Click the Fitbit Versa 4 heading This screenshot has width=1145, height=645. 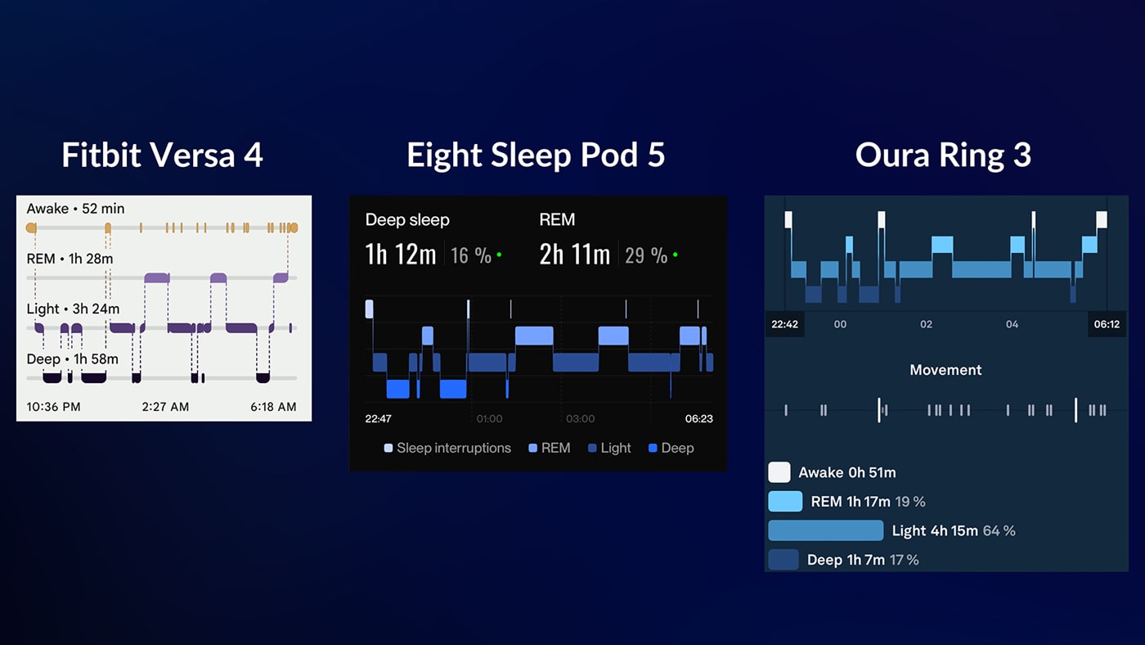pyautogui.click(x=162, y=155)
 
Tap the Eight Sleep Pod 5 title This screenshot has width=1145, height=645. pyautogui.click(x=536, y=155)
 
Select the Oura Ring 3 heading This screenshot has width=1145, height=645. pyautogui.click(x=943, y=155)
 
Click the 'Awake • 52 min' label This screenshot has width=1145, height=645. pyautogui.click(x=75, y=209)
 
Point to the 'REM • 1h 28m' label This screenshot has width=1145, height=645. pyautogui.click(x=70, y=259)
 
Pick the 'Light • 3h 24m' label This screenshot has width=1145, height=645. pyautogui.click(x=73, y=309)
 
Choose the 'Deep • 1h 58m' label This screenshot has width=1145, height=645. pyautogui.click(x=72, y=359)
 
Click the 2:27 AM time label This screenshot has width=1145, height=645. pyautogui.click(x=165, y=407)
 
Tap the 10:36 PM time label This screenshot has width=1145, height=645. pyautogui.click(x=53, y=407)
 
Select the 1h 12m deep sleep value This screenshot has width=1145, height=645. pyautogui.click(x=401, y=255)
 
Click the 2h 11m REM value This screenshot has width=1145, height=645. pyautogui.click(x=574, y=255)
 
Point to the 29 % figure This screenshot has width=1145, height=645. pyautogui.click(x=646, y=255)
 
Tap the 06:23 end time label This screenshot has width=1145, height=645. pyautogui.click(x=698, y=418)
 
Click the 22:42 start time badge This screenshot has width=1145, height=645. pyautogui.click(x=784, y=324)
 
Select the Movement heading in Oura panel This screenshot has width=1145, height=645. pyautogui.click(x=945, y=370)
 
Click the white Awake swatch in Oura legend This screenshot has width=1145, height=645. pyautogui.click(x=779, y=472)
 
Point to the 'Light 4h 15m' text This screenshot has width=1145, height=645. pyautogui.click(x=935, y=530)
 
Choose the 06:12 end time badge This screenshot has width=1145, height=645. pyautogui.click(x=1106, y=324)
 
